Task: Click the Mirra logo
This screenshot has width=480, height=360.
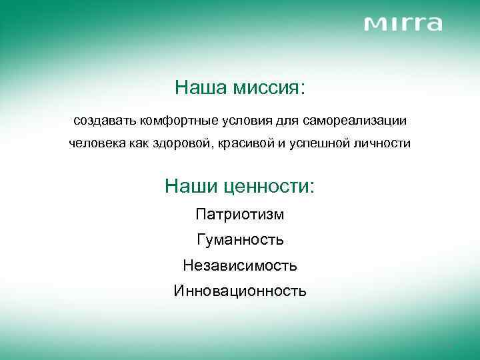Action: [x=403, y=24]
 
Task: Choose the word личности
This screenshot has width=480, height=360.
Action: [x=381, y=144]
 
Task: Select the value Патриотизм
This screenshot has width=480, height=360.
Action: [x=240, y=214]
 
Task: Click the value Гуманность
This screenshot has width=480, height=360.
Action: [x=240, y=239]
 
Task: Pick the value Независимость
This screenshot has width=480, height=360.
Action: [x=240, y=265]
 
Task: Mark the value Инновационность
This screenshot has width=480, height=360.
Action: [x=240, y=291]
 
